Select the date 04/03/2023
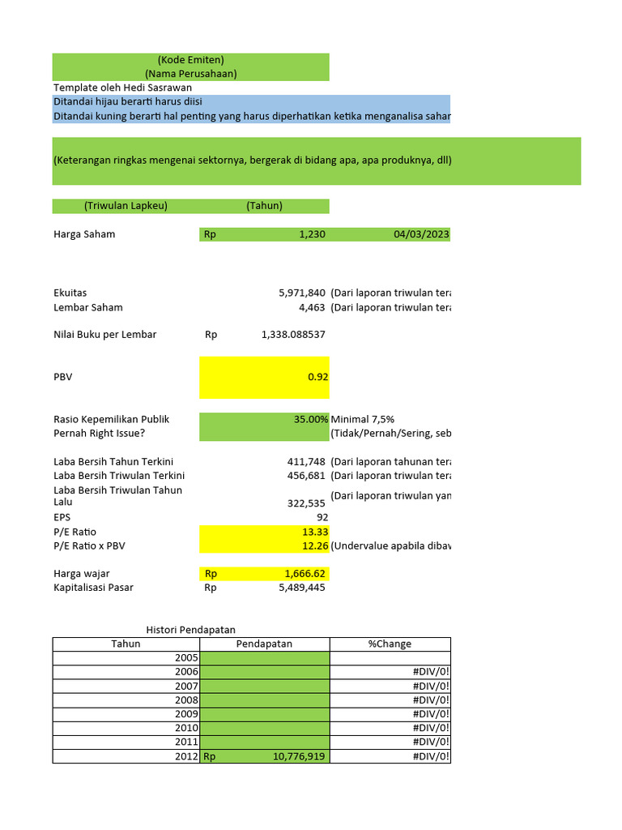click(x=421, y=234)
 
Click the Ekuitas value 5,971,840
click(x=302, y=292)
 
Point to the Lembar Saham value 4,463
click(x=313, y=307)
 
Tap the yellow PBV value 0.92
click(x=317, y=377)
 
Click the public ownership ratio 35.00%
click(x=311, y=419)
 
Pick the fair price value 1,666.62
click(x=305, y=574)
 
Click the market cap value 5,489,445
click(x=302, y=588)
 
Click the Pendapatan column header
click(x=264, y=644)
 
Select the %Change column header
click(x=390, y=644)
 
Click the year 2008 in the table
click(x=185, y=700)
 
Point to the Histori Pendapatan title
click(x=190, y=630)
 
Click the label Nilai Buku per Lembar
click(x=105, y=335)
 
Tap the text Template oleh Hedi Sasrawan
click(x=122, y=88)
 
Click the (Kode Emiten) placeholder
click(x=191, y=60)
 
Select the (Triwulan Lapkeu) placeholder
click(x=126, y=206)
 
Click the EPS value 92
click(x=322, y=517)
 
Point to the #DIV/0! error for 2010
click(x=431, y=727)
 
